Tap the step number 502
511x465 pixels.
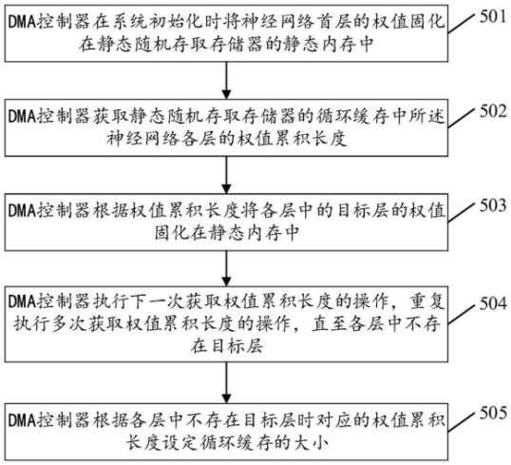click(x=493, y=111)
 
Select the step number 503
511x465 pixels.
click(x=493, y=205)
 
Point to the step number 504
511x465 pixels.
click(x=493, y=303)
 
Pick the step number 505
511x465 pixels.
click(x=493, y=413)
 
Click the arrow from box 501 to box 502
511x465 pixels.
click(x=226, y=80)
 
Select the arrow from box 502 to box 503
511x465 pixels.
click(x=226, y=175)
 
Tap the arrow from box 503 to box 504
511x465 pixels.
click(x=226, y=269)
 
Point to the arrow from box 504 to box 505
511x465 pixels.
click(x=226, y=383)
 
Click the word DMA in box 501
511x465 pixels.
click(x=22, y=22)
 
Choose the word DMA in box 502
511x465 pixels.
click(x=22, y=117)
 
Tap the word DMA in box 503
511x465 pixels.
click(x=22, y=211)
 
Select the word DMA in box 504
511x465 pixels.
click(x=22, y=301)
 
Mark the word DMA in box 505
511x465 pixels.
click(x=22, y=420)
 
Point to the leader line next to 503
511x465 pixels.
click(x=460, y=212)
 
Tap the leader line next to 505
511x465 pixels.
click(x=460, y=420)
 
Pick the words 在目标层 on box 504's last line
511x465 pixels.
click(x=226, y=346)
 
